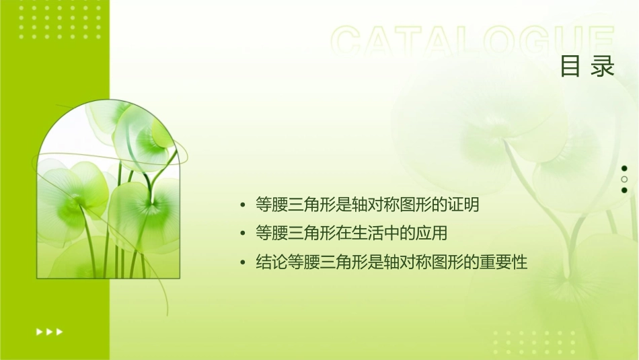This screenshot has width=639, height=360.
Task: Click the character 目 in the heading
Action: [570, 67]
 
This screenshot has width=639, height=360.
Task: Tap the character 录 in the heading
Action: [603, 67]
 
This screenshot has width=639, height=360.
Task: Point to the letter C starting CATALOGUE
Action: [348, 42]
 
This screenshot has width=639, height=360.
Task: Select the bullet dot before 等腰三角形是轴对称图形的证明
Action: [243, 205]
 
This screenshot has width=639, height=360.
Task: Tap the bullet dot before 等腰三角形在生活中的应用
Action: [243, 233]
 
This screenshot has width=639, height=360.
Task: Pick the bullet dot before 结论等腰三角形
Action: [243, 262]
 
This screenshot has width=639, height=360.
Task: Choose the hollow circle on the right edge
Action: [624, 179]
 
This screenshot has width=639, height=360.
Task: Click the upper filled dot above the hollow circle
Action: [624, 168]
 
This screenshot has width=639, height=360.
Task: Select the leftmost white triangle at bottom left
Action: [39, 331]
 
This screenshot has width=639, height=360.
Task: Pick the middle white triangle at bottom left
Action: [49, 331]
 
